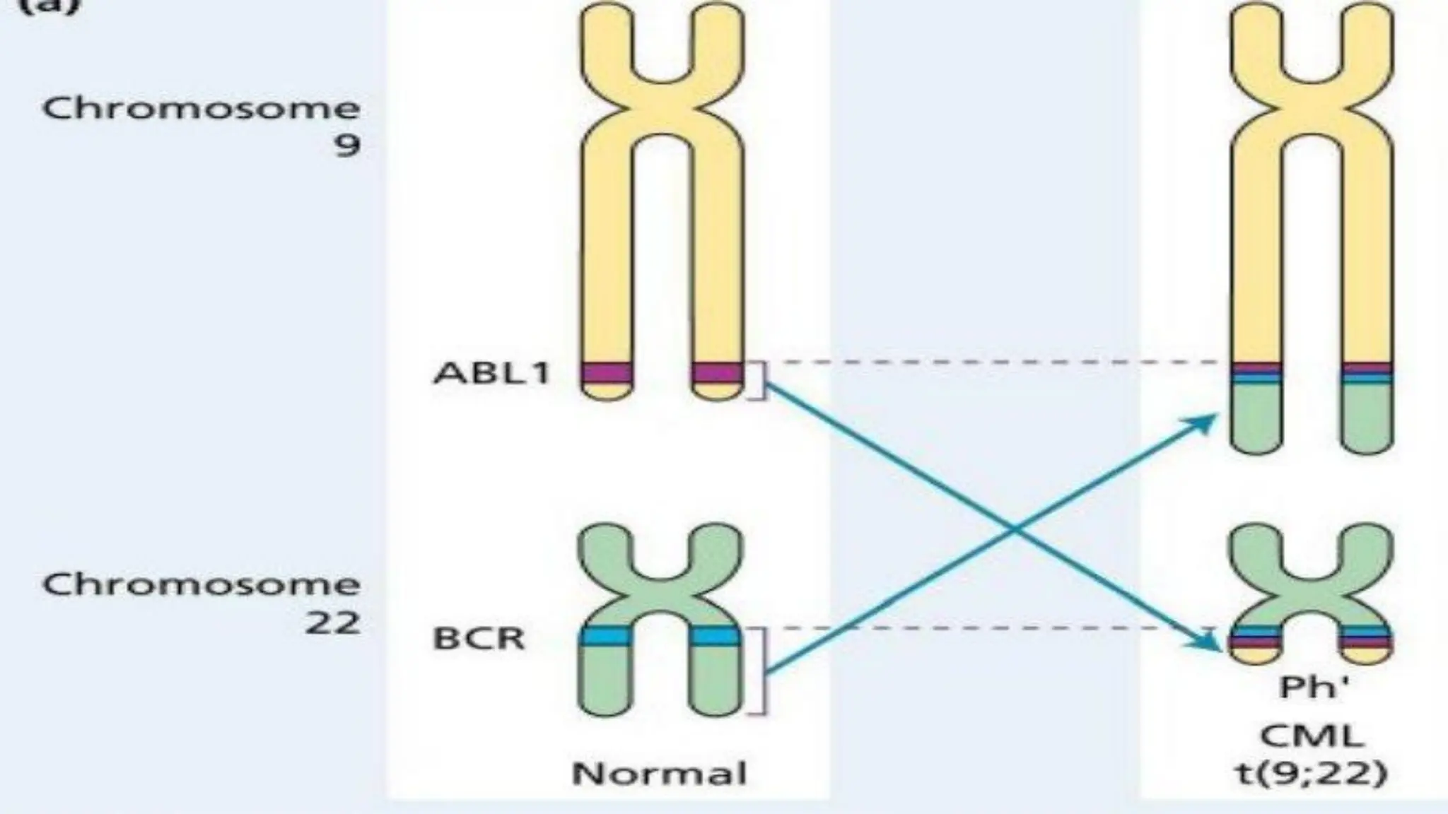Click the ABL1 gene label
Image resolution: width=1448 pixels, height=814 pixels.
pos(491,373)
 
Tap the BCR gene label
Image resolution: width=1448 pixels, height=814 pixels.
pos(479,639)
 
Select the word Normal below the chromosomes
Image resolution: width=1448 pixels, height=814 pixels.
pos(660,774)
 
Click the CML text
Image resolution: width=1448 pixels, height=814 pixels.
pos(1312,737)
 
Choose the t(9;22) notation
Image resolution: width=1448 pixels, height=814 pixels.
pos(1312,774)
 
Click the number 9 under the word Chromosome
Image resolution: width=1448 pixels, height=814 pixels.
pos(347,146)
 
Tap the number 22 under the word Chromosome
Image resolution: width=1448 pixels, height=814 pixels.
pos(332,623)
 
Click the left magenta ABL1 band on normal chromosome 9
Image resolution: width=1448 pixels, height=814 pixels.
pos(607,373)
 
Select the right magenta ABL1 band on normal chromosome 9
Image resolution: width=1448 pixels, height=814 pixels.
pos(717,373)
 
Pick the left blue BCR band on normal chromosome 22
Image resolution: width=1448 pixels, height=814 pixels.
pos(605,637)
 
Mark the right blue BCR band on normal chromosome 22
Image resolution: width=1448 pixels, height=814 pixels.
pos(716,637)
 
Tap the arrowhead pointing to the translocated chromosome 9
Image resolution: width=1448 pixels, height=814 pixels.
pos(1202,423)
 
